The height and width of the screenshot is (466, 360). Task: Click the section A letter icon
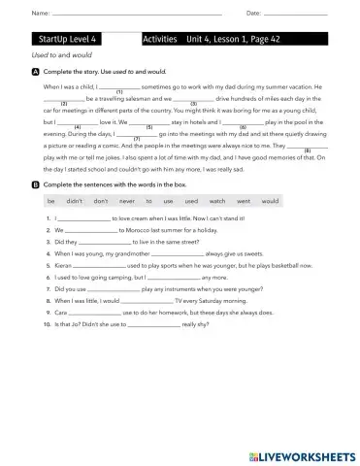click(x=36, y=73)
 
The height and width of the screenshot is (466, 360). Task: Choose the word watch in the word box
click(x=217, y=201)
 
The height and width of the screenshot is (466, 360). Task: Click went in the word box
click(x=243, y=201)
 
